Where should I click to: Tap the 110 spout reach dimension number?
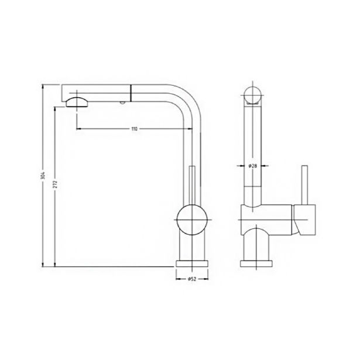(x=134, y=129)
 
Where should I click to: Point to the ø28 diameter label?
(x=252, y=166)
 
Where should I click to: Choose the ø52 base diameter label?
(x=191, y=280)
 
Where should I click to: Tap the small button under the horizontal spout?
(x=121, y=102)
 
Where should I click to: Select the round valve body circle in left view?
(x=191, y=222)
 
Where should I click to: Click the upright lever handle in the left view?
(x=191, y=185)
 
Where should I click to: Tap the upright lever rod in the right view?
(x=304, y=184)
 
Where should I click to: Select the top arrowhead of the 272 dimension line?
(x=54, y=108)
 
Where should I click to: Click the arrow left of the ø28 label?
(x=241, y=166)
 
